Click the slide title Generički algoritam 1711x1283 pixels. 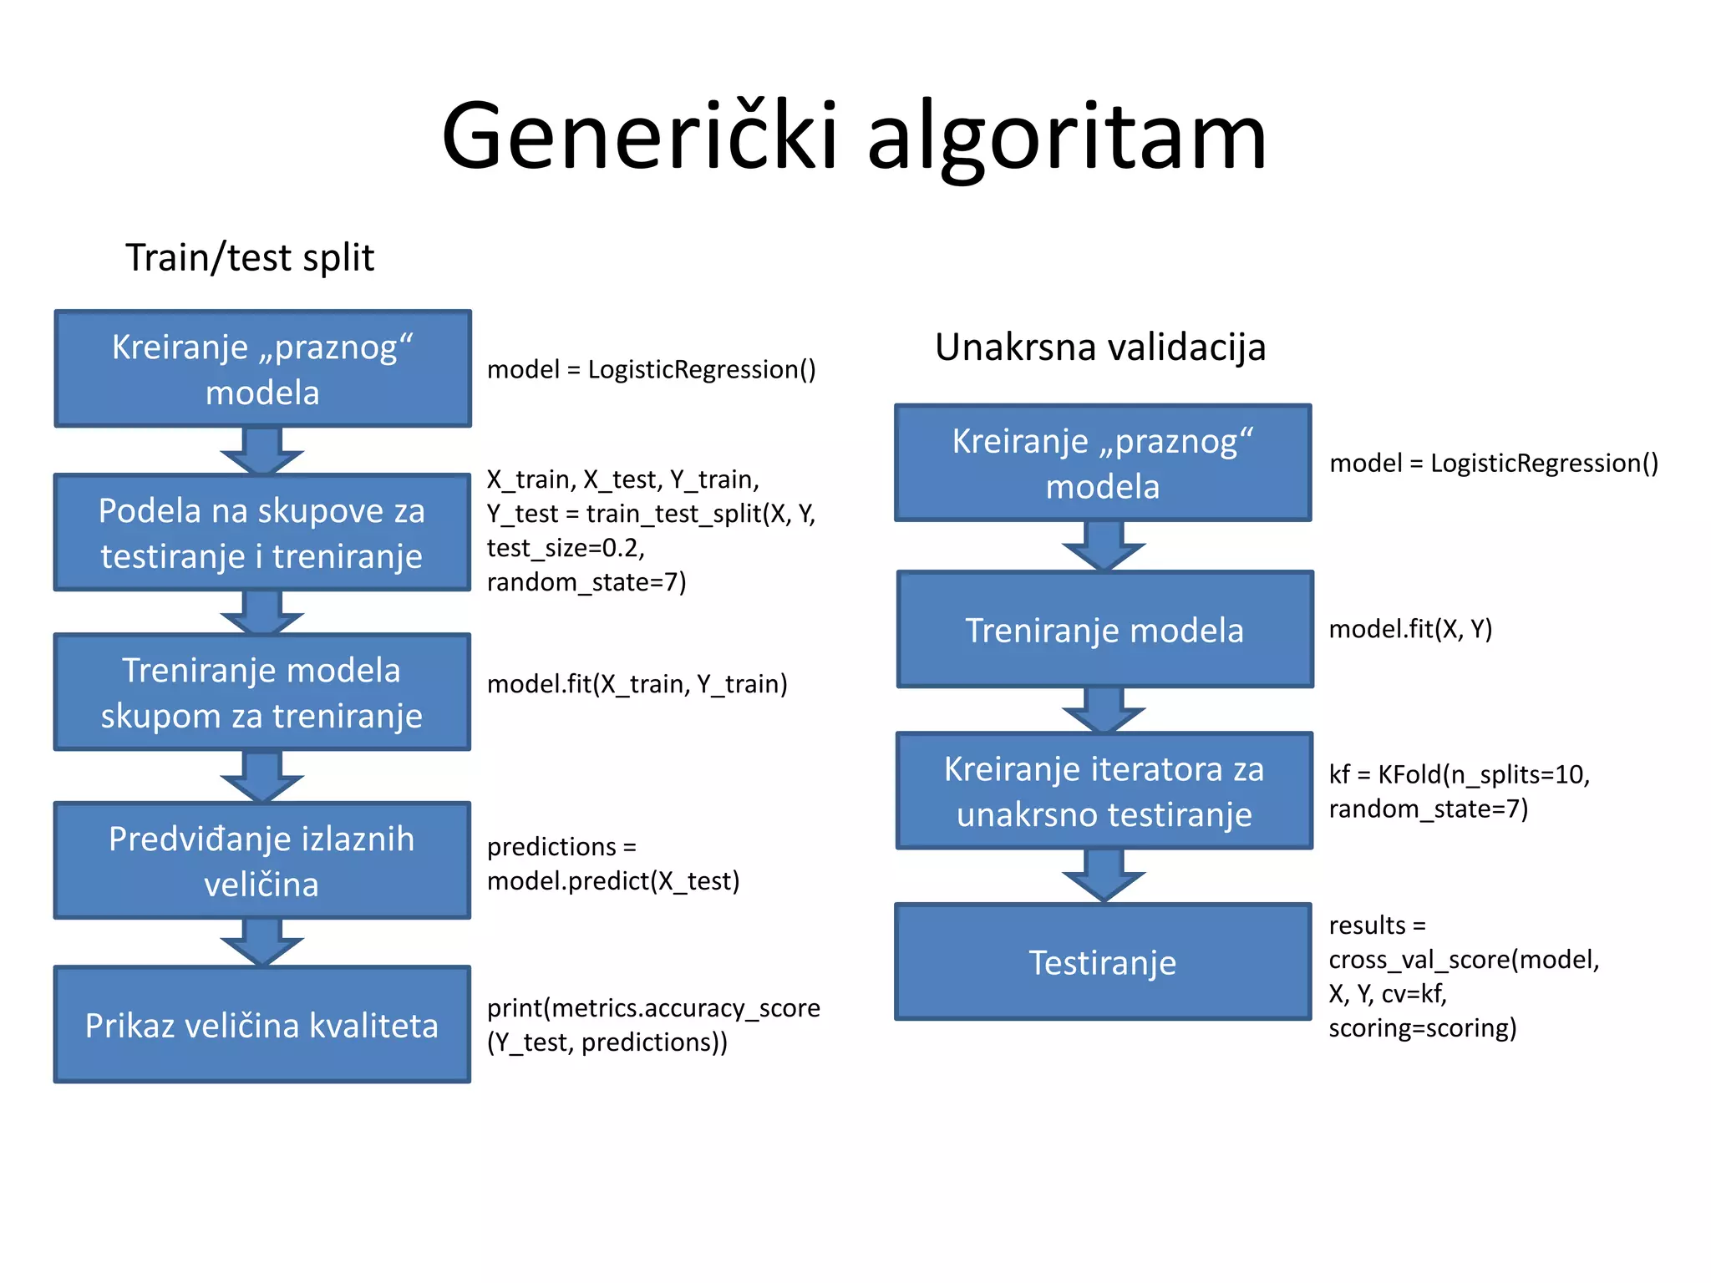click(x=854, y=136)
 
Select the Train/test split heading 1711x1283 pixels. click(x=250, y=257)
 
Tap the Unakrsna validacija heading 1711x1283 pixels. click(x=1099, y=347)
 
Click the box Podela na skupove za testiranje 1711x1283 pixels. click(x=262, y=533)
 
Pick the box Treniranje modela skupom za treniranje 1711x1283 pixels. click(x=262, y=692)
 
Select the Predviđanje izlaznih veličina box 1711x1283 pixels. click(x=262, y=861)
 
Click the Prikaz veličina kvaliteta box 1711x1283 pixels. click(x=262, y=1025)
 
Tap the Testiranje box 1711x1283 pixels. click(x=1103, y=962)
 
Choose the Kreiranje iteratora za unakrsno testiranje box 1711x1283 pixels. click(x=1104, y=791)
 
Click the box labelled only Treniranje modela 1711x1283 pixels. click(x=1104, y=630)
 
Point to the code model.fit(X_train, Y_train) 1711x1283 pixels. click(x=637, y=684)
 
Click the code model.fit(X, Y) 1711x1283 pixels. click(x=1410, y=629)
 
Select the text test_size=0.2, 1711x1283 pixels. click(x=566, y=548)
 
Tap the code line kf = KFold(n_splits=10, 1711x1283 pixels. click(x=1459, y=774)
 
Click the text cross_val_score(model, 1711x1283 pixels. click(x=1464, y=960)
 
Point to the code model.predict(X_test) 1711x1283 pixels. click(x=613, y=881)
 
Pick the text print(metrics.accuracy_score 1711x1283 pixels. click(x=653, y=1008)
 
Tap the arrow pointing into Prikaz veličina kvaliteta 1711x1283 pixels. click(x=262, y=942)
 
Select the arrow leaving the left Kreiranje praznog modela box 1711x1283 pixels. click(x=262, y=451)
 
